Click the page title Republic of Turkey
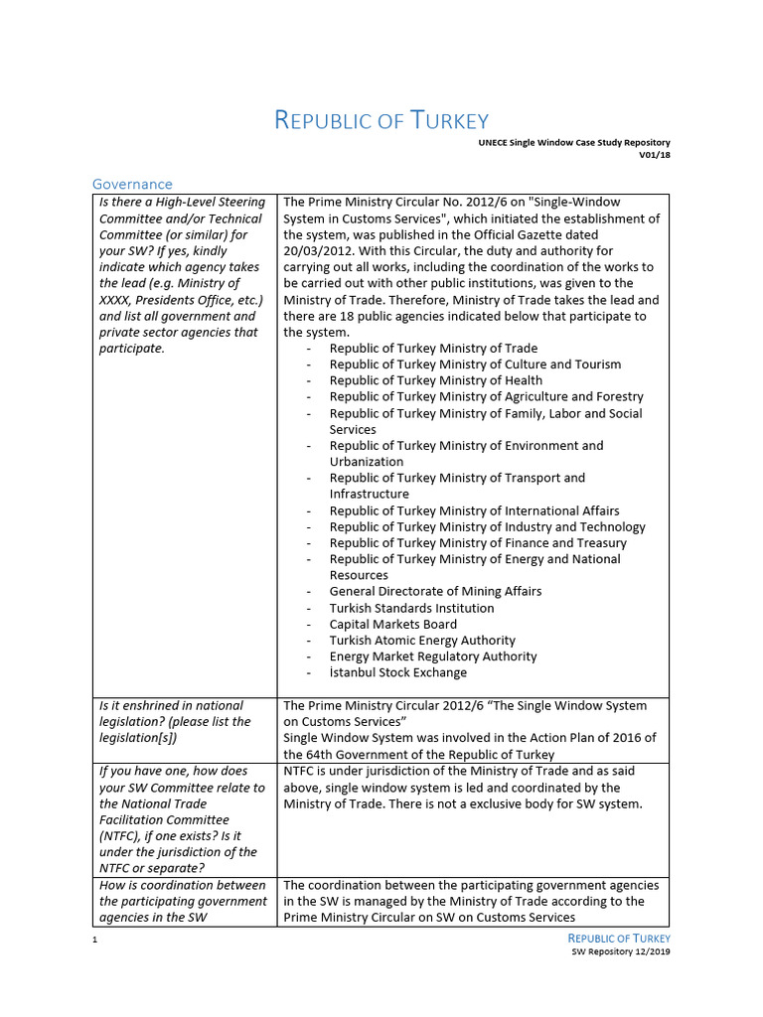coord(381,121)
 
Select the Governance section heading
coord(132,184)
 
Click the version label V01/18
coord(654,155)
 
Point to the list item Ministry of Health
coord(435,380)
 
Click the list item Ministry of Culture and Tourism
coord(475,364)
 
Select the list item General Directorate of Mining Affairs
coord(435,591)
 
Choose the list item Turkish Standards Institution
coord(411,608)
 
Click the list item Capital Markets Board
coord(393,624)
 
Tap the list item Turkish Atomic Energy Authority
coord(422,641)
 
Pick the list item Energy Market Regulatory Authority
coord(433,656)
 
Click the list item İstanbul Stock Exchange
coord(397,672)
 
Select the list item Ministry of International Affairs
coord(474,510)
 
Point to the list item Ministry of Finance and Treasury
coord(478,543)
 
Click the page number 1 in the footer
coord(93,940)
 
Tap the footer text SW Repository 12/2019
coord(621,951)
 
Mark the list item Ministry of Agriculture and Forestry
coord(486,396)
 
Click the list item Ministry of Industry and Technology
coord(487,526)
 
